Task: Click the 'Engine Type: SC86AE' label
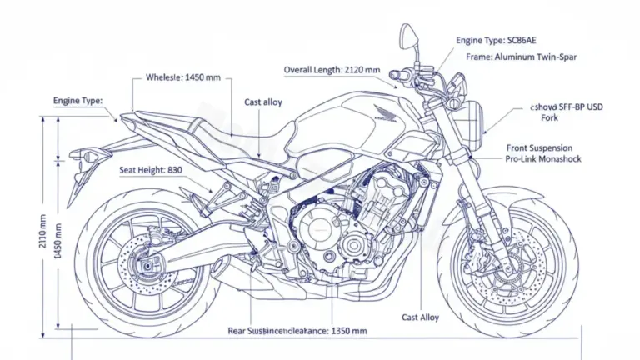496,40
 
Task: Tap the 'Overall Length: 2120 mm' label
332,71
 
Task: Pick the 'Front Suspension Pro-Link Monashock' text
543,153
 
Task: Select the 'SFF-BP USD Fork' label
567,112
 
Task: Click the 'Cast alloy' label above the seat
262,102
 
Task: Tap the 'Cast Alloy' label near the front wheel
420,317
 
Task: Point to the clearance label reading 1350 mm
297,331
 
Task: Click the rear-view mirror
408,35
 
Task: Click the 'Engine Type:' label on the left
77,101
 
